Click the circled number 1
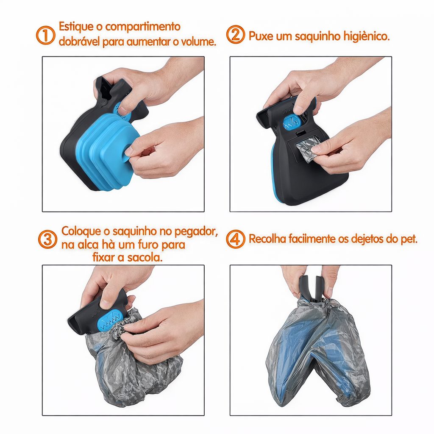(x=46, y=35)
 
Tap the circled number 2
(x=236, y=35)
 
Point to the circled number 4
(x=236, y=239)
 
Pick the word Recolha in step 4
(x=267, y=239)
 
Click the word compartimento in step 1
(x=143, y=27)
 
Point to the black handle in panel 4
(x=311, y=288)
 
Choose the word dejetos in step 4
(x=369, y=239)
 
